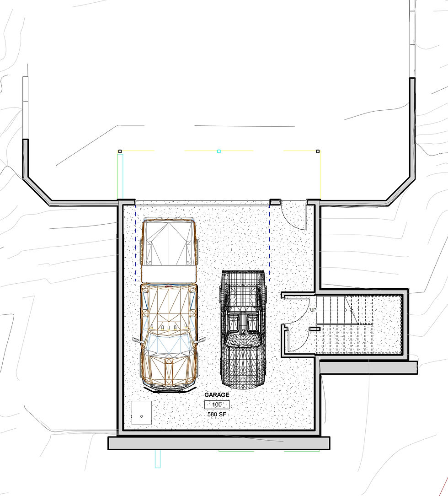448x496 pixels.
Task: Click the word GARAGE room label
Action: (x=217, y=395)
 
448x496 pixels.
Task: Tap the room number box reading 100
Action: (x=217, y=404)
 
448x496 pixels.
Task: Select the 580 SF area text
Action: (x=217, y=414)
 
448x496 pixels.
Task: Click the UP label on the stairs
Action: (x=313, y=310)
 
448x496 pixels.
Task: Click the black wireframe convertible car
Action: (x=243, y=329)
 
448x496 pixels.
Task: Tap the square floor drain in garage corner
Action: (x=142, y=413)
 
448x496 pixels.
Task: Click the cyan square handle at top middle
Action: (x=219, y=151)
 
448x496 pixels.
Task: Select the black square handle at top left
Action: (x=120, y=151)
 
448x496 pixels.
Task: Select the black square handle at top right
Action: (x=318, y=151)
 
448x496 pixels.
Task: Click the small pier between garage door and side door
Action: (x=275, y=201)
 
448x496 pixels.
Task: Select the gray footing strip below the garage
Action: (x=219, y=443)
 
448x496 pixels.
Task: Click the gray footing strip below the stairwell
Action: (x=368, y=367)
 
